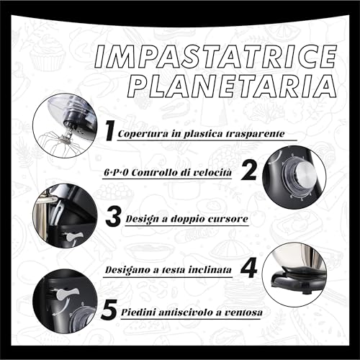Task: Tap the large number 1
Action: tap(109, 131)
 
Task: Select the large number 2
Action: tap(249, 171)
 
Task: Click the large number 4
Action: tap(248, 268)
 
